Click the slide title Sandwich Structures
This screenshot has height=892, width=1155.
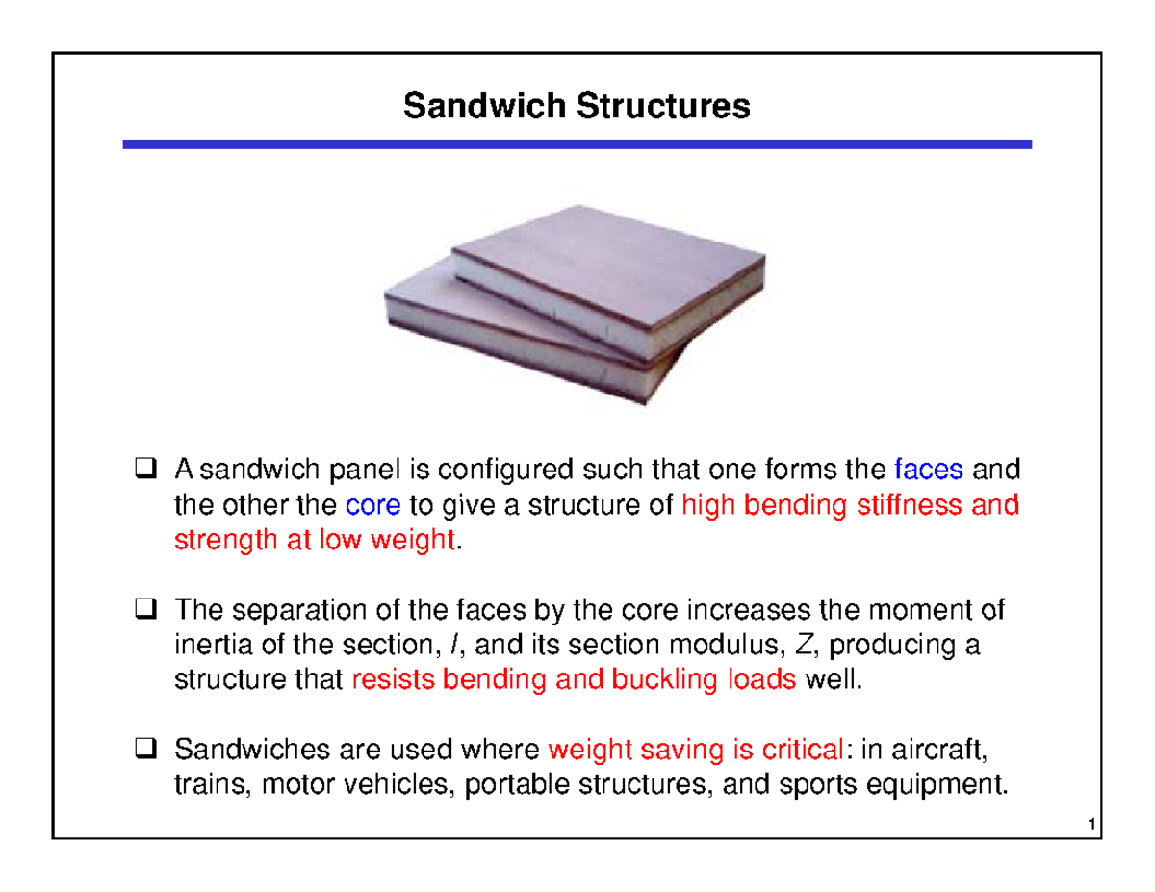coord(577,105)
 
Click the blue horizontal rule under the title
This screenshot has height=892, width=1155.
coord(577,144)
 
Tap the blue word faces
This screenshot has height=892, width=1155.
coord(928,471)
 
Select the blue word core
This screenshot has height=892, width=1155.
coord(365,506)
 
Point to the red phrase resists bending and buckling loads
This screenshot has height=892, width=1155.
coord(575,681)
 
